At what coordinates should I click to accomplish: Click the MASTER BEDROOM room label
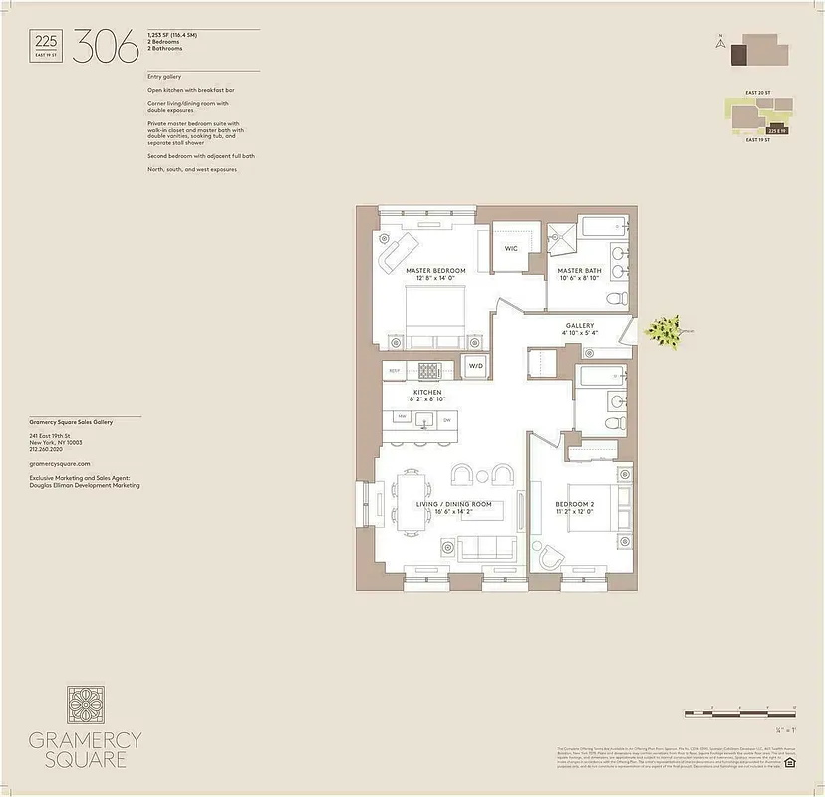pyautogui.click(x=435, y=271)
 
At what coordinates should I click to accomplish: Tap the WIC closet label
pyautogui.click(x=511, y=249)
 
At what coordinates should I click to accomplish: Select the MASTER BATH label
pyautogui.click(x=579, y=271)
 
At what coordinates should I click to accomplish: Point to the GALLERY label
pyautogui.click(x=580, y=326)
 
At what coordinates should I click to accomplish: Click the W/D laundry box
pyautogui.click(x=475, y=367)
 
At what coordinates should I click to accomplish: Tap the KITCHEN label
pyautogui.click(x=428, y=394)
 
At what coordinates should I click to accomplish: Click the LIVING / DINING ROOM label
pyautogui.click(x=454, y=505)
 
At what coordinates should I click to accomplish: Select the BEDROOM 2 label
pyautogui.click(x=575, y=505)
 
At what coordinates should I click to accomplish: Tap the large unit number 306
pyautogui.click(x=105, y=46)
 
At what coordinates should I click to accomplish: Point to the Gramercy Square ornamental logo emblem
pyautogui.click(x=85, y=705)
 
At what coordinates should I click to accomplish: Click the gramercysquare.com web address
pyautogui.click(x=60, y=464)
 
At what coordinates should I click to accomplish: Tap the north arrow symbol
pyautogui.click(x=718, y=42)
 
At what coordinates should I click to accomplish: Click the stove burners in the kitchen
pyautogui.click(x=428, y=370)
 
